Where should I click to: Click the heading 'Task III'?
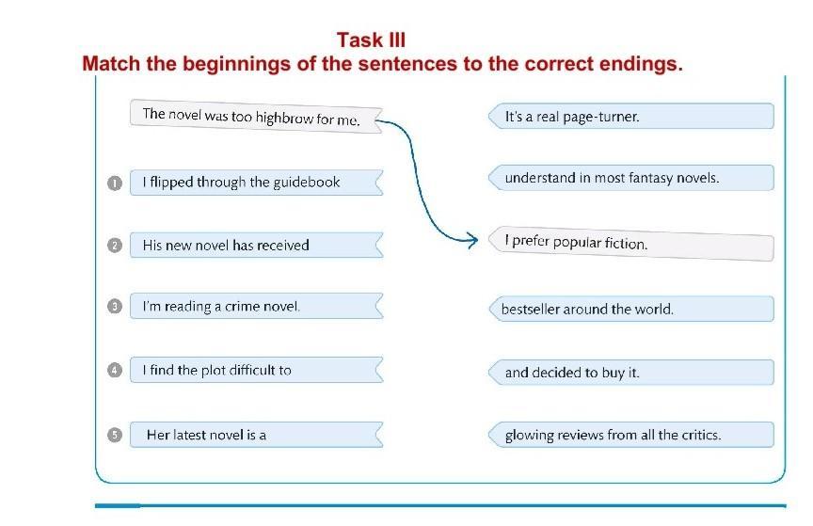(x=371, y=40)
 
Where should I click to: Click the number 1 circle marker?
(x=115, y=183)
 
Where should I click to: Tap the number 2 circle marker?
(x=115, y=246)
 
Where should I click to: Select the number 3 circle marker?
(x=115, y=306)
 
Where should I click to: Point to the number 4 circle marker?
(x=115, y=370)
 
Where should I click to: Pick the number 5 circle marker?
(x=115, y=435)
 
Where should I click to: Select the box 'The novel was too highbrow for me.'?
(x=256, y=116)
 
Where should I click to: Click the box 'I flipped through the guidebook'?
(x=256, y=183)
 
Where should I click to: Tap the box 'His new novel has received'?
(x=256, y=245)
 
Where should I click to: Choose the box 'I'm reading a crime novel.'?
(x=256, y=306)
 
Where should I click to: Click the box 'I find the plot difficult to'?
(x=256, y=370)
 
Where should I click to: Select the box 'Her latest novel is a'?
(x=256, y=435)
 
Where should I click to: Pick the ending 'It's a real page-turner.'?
(x=631, y=116)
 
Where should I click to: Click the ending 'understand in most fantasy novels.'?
(x=631, y=178)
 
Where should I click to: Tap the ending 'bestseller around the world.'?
(x=631, y=310)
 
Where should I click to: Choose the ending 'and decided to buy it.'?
(x=631, y=373)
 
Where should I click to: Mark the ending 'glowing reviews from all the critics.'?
(x=631, y=435)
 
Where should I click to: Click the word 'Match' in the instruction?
(x=111, y=64)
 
